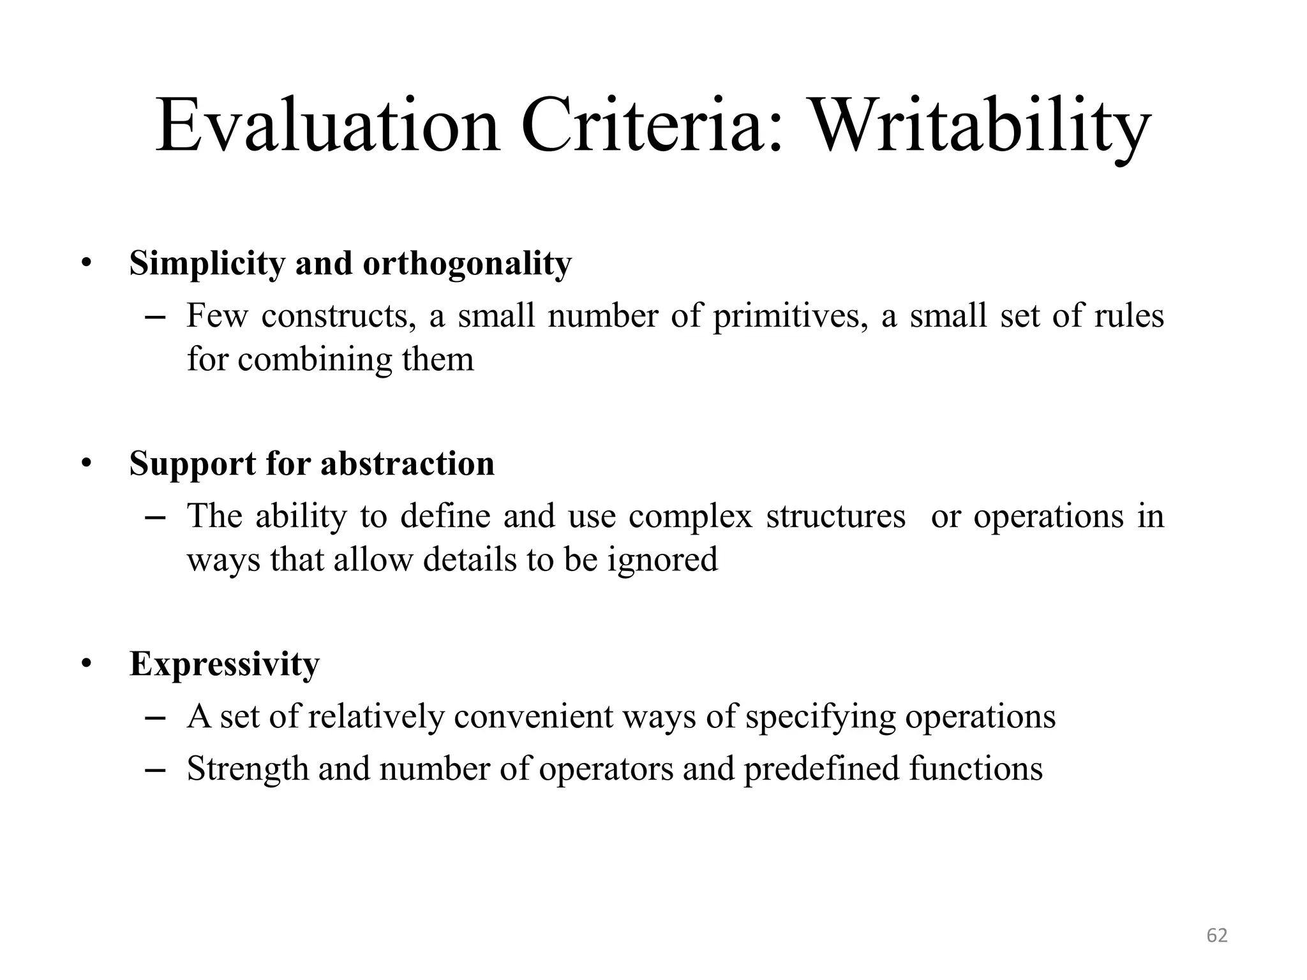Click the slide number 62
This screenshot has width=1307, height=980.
1217,935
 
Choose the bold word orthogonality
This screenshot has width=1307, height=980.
467,264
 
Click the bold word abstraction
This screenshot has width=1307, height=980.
407,463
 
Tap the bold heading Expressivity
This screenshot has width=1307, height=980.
224,664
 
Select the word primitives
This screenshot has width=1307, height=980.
790,316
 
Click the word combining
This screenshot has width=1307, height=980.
315,359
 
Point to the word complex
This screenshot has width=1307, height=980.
691,516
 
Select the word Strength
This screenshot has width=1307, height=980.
248,769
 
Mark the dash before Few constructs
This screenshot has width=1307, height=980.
156,317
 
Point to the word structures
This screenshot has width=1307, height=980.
835,516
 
